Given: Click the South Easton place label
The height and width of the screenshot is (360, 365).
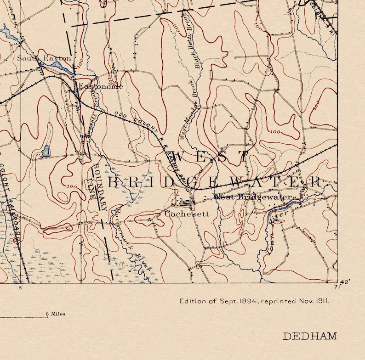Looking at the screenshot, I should click(x=44, y=58).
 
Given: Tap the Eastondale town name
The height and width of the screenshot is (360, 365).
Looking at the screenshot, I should click(x=100, y=86).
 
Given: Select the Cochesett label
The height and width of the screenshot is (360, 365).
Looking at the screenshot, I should click(x=187, y=214).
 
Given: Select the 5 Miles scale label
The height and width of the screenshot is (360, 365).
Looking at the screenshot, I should click(x=55, y=314).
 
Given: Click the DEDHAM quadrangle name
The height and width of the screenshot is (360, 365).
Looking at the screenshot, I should click(x=309, y=336).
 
